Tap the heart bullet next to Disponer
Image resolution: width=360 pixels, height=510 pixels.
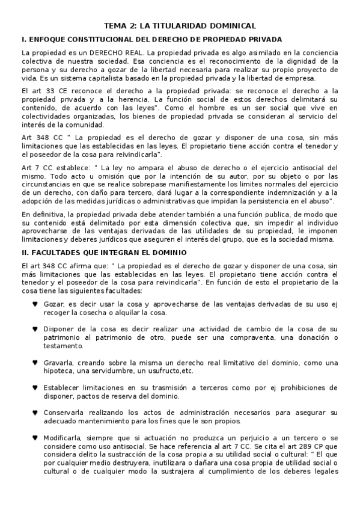pos(35,329)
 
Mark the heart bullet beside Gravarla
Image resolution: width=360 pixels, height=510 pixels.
pos(35,363)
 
